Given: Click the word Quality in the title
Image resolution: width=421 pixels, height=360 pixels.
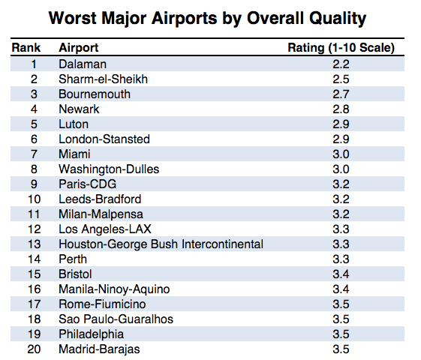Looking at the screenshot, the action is [338, 19].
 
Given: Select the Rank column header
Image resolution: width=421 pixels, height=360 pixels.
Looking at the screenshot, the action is [26, 48].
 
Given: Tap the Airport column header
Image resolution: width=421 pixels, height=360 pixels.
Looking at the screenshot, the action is [79, 48].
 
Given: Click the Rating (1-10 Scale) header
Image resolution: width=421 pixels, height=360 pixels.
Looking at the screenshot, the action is [341, 48].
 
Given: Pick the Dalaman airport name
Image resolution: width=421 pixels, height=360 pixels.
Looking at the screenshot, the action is [83, 64].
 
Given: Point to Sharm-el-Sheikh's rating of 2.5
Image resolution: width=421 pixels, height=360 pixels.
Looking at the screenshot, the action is [341, 79].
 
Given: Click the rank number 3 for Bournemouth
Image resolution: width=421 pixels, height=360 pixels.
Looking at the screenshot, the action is [34, 94].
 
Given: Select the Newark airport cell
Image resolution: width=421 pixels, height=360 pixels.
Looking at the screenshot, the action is [79, 109].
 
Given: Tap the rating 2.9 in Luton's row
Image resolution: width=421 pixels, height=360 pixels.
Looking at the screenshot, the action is [341, 124].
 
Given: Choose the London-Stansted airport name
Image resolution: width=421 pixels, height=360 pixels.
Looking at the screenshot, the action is [104, 139].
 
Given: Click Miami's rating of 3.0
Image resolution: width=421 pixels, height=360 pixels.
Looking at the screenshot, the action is [341, 154].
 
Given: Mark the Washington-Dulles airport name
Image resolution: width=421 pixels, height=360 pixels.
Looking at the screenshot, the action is [109, 169].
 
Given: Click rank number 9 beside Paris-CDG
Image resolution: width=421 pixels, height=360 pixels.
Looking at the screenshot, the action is [34, 184].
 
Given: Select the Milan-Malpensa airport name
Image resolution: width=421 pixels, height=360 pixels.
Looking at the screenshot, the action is [101, 214].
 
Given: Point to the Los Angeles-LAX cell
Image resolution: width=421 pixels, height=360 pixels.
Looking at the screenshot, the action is [105, 229].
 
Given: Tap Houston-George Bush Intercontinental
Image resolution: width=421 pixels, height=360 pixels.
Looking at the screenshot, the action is [161, 244].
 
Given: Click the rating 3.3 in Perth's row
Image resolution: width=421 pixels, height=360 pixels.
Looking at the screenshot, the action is [341, 259].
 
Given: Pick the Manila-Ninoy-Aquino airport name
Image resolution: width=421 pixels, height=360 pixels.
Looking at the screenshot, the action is [114, 289].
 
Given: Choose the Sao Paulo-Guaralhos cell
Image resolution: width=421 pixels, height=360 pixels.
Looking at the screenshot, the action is [116, 319].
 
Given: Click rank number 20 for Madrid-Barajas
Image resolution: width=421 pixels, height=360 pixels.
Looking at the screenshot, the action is [34, 349].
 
